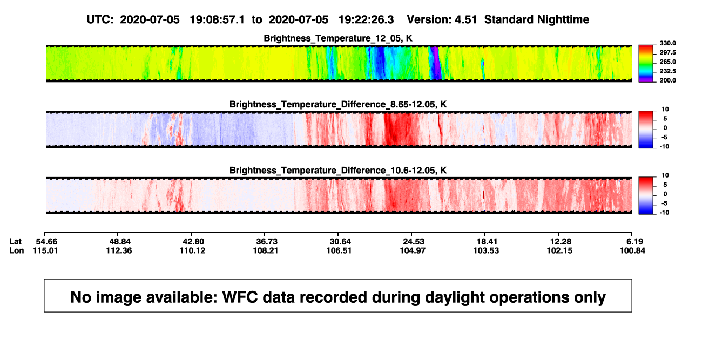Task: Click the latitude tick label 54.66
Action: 46,242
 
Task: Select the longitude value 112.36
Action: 119,250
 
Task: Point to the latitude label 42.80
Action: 193,242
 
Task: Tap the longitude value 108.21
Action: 266,250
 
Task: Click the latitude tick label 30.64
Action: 340,242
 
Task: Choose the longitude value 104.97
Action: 413,250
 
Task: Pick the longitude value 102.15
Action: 559,250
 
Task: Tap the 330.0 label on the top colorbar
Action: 667,43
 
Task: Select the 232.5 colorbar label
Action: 667,71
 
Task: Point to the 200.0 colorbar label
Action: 667,80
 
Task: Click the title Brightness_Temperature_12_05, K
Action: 338,38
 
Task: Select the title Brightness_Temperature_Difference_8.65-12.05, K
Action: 338,104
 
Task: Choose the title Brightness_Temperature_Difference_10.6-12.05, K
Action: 338,171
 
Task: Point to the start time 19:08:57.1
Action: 217,20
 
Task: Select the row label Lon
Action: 16,250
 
